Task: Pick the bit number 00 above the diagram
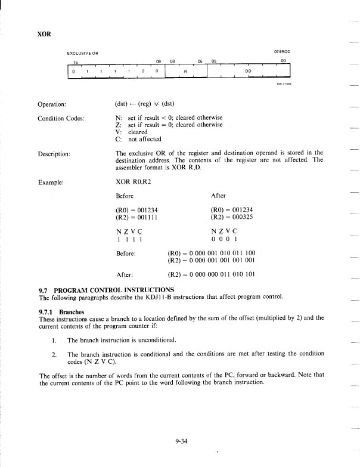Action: tap(284, 61)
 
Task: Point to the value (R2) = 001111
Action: tap(136, 217)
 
